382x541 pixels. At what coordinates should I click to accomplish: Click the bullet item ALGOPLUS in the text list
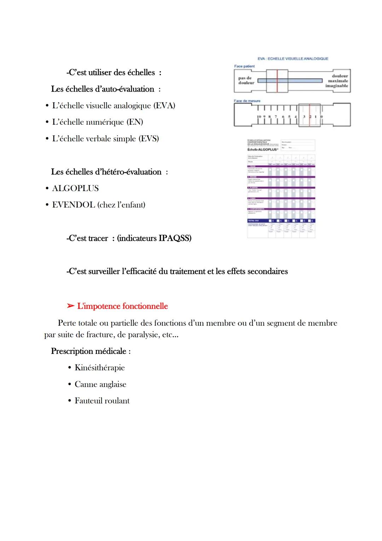click(x=75, y=188)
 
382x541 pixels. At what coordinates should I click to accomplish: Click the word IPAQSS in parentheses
click(x=173, y=238)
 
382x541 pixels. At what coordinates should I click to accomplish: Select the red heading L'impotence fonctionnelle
click(x=122, y=306)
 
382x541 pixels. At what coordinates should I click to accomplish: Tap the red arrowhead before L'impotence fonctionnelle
click(x=70, y=306)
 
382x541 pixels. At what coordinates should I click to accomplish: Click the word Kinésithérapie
click(x=100, y=368)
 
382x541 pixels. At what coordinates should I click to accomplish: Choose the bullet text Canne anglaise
click(x=100, y=384)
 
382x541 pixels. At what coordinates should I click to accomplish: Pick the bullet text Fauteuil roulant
click(x=102, y=401)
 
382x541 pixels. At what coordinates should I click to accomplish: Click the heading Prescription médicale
click(x=91, y=351)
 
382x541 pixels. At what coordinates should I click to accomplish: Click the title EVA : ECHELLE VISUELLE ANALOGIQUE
click(x=293, y=59)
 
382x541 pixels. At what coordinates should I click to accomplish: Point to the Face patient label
click(x=244, y=66)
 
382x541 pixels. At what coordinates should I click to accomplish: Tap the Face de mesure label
click(x=247, y=101)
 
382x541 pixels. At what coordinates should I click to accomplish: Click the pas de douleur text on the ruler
click(x=246, y=80)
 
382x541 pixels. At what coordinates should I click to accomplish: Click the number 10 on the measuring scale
click(x=259, y=116)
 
